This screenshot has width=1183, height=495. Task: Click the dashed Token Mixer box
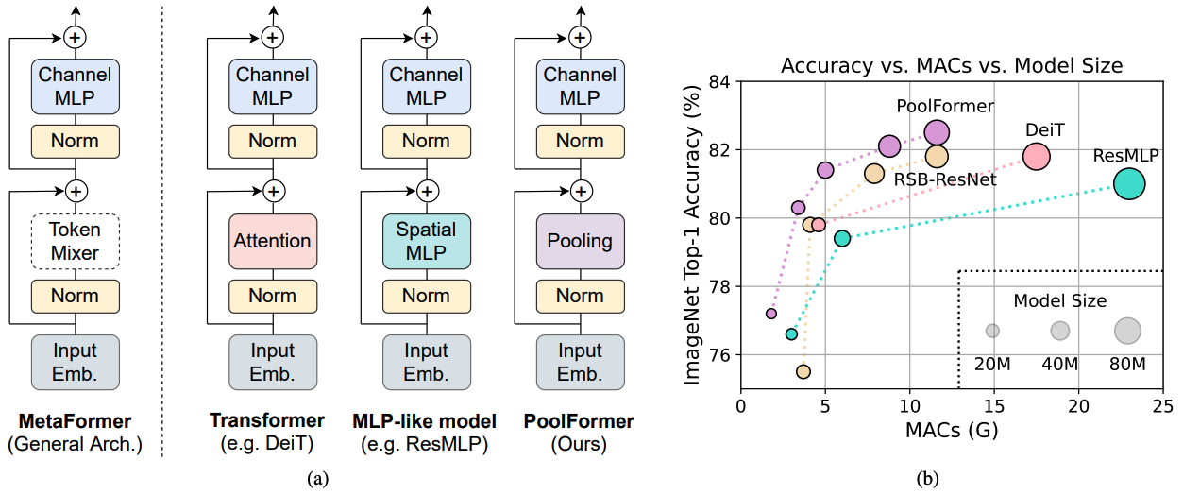tap(76, 241)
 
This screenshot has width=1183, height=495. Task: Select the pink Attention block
tap(273, 241)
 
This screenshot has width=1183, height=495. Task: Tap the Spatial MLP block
tap(426, 241)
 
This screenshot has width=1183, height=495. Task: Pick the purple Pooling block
tap(580, 241)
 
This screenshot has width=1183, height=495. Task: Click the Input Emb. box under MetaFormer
tap(76, 362)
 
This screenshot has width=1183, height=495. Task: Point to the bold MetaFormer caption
tap(76, 420)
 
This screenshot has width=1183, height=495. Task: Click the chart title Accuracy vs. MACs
tap(950, 66)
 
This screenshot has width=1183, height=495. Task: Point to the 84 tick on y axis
tap(719, 82)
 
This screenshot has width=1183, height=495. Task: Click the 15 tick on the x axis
tap(993, 406)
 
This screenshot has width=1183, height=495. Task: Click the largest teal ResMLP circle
tap(1129, 184)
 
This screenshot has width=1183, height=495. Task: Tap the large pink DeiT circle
tap(1036, 158)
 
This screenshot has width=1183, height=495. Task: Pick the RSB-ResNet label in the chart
tap(945, 179)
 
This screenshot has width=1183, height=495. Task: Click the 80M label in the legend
tap(1127, 364)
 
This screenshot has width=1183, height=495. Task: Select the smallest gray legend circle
tap(992, 331)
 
